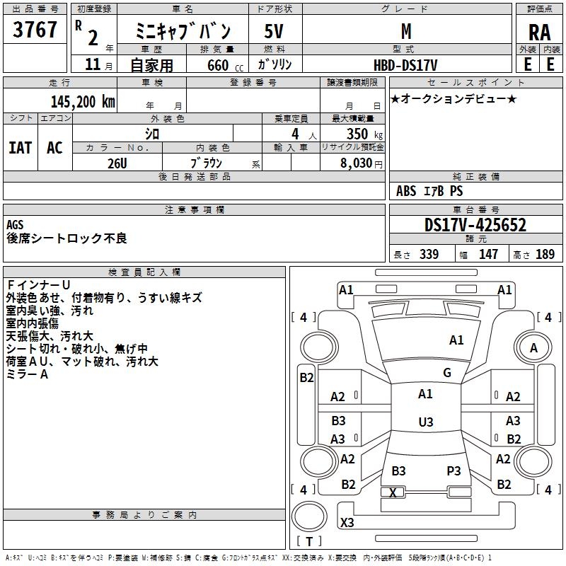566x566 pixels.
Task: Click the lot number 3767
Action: click(35, 30)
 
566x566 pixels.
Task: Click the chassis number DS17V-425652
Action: click(475, 226)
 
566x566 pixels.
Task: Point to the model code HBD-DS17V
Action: click(405, 64)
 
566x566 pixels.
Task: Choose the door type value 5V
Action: click(275, 31)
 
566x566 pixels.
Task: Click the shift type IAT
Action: click(20, 147)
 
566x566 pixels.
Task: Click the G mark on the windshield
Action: click(447, 373)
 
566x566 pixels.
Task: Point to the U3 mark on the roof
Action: click(425, 422)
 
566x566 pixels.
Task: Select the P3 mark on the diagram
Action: click(454, 470)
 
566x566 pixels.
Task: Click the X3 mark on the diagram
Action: click(347, 523)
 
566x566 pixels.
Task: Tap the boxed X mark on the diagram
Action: click(393, 492)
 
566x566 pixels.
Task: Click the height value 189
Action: click(545, 254)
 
